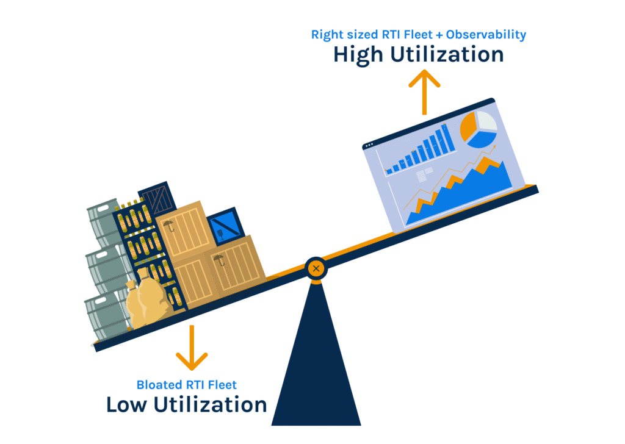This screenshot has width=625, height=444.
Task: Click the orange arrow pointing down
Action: pos(192,347)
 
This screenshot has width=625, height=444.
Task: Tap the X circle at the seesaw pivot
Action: pos(316,268)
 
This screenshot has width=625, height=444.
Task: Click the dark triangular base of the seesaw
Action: pos(315,366)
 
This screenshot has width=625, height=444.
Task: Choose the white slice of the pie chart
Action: pos(486,121)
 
